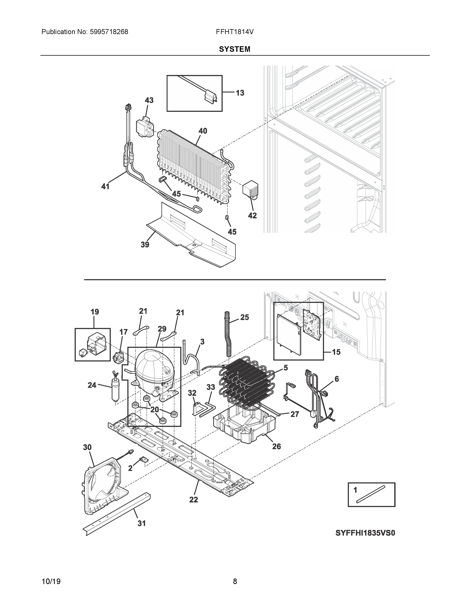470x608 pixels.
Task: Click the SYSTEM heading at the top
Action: click(234, 49)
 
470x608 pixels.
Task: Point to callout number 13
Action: click(240, 93)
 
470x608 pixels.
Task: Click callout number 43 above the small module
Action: click(149, 100)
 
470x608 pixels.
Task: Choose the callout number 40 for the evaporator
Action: click(203, 131)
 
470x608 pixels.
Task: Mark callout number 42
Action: click(252, 216)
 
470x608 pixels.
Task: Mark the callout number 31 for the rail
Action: click(141, 523)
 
